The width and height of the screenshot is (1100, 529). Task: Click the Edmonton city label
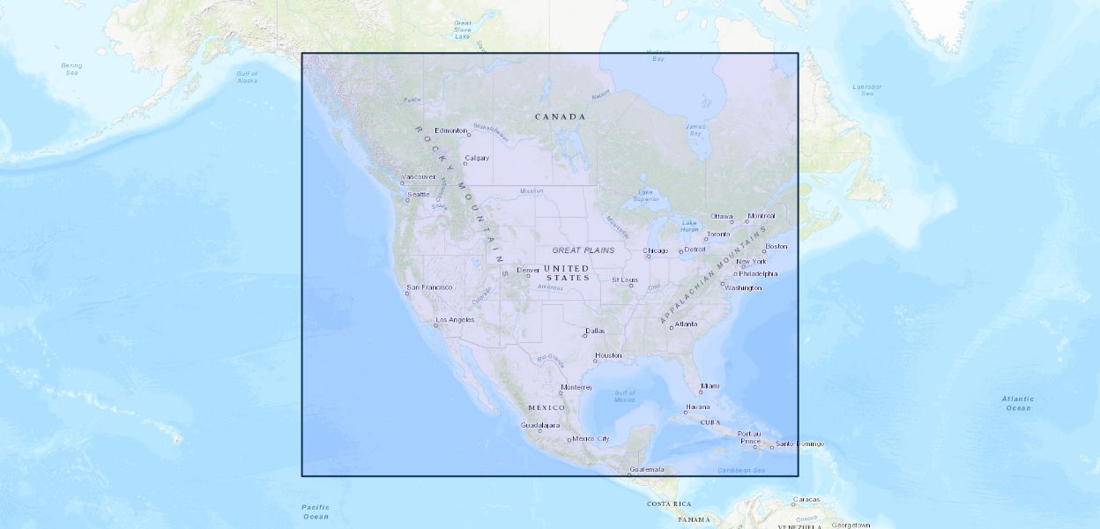(x=450, y=130)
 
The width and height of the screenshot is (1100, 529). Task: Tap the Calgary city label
(x=477, y=159)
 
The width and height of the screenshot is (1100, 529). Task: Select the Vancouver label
(x=419, y=177)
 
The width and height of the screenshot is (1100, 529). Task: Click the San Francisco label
(x=430, y=287)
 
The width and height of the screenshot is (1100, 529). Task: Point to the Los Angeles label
(x=456, y=320)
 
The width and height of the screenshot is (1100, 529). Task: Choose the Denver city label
(x=528, y=271)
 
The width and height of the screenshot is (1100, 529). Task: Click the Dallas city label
(x=596, y=332)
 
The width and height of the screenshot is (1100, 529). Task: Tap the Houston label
(x=608, y=356)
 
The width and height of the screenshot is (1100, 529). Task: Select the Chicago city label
(x=656, y=252)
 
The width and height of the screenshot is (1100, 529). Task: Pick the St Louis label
(x=624, y=280)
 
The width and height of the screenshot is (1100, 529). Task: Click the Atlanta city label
(x=686, y=324)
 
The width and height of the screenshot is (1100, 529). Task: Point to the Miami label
(x=710, y=386)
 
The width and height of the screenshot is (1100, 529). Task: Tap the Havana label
(x=697, y=407)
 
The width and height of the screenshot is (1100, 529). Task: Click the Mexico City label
(x=591, y=439)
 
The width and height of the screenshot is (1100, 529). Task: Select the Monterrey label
(x=576, y=388)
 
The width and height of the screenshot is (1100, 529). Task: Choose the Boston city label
(x=777, y=247)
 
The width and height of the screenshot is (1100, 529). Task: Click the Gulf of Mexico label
(x=624, y=396)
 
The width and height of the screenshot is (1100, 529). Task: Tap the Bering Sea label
(x=72, y=68)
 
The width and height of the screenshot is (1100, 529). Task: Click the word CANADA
(x=561, y=117)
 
